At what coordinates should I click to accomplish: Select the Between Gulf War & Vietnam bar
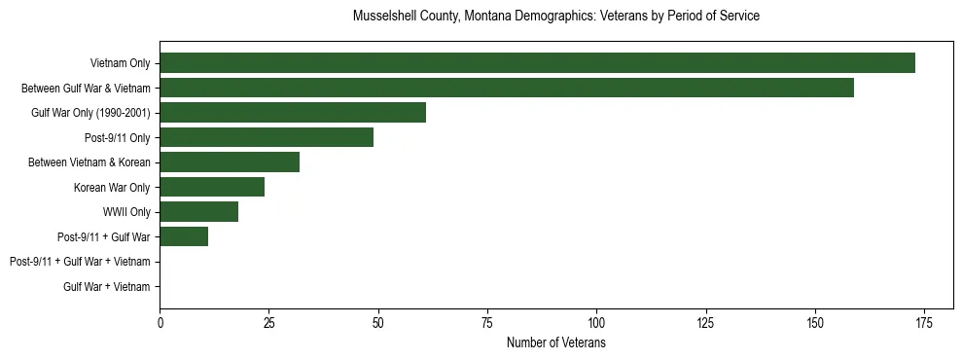coord(507,88)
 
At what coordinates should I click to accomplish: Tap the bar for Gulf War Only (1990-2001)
coord(293,113)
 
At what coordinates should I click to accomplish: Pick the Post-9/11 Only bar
coord(267,137)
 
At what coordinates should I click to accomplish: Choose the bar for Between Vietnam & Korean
coord(230,162)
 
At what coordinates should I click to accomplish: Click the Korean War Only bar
coord(212,187)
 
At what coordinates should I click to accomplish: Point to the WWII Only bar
coord(198,211)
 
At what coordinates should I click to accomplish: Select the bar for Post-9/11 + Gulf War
coord(184,236)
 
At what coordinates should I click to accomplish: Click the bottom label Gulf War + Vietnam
coord(107,286)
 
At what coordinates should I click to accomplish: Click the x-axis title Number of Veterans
coord(555,342)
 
